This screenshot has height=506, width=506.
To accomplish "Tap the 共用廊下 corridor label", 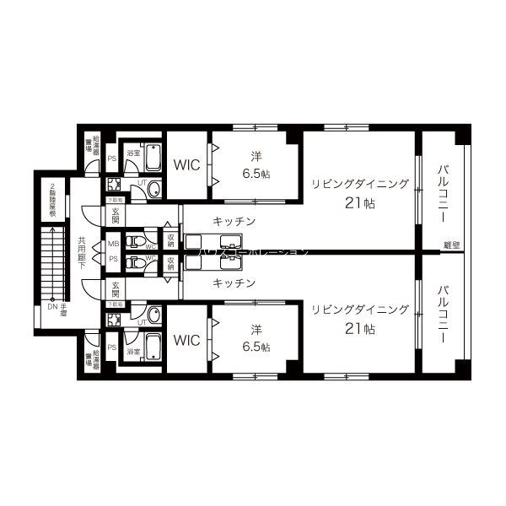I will coord(82,251).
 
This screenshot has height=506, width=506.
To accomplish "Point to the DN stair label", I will coord(52,307).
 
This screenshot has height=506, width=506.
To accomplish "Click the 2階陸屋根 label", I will coord(53,199).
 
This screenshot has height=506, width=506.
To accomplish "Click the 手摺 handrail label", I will coord(63,309).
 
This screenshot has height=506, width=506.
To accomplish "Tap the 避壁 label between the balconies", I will coord(453,245).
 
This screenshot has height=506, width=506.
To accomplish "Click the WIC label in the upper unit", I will coord(186,164).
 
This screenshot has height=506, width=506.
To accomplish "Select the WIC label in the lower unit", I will coord(186,340).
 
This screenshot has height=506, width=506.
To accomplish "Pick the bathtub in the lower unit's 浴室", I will coord(153,346).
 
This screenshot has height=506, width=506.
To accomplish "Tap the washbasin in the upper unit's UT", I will coord(153,189).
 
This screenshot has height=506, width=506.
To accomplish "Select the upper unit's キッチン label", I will coord(234,221).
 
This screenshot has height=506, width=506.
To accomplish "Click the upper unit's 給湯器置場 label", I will coord(95,147).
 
